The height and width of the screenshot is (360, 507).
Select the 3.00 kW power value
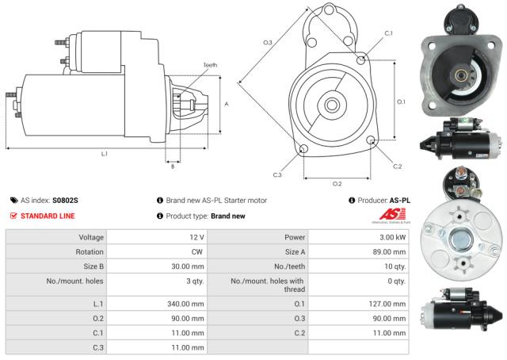[x=392, y=238]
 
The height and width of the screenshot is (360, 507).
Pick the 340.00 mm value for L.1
[x=185, y=303]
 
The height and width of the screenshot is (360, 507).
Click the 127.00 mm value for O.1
[x=388, y=303]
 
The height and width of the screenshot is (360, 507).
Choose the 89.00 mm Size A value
[x=391, y=253]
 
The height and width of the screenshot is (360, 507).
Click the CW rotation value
[x=198, y=253]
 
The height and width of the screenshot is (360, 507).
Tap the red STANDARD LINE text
[x=48, y=215]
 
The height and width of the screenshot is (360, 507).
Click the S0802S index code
[x=65, y=201]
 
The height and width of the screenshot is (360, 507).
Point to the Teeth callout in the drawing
[x=210, y=64]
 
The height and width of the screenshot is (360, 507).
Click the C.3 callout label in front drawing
[x=277, y=174]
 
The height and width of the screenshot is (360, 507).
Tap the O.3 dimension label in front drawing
[x=268, y=42]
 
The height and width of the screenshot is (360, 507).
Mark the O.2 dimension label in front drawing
[x=337, y=183]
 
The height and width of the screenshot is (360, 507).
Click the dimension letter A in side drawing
[x=227, y=104]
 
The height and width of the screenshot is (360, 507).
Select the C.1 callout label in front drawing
[x=388, y=33]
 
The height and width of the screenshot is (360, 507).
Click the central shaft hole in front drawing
[x=331, y=104]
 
